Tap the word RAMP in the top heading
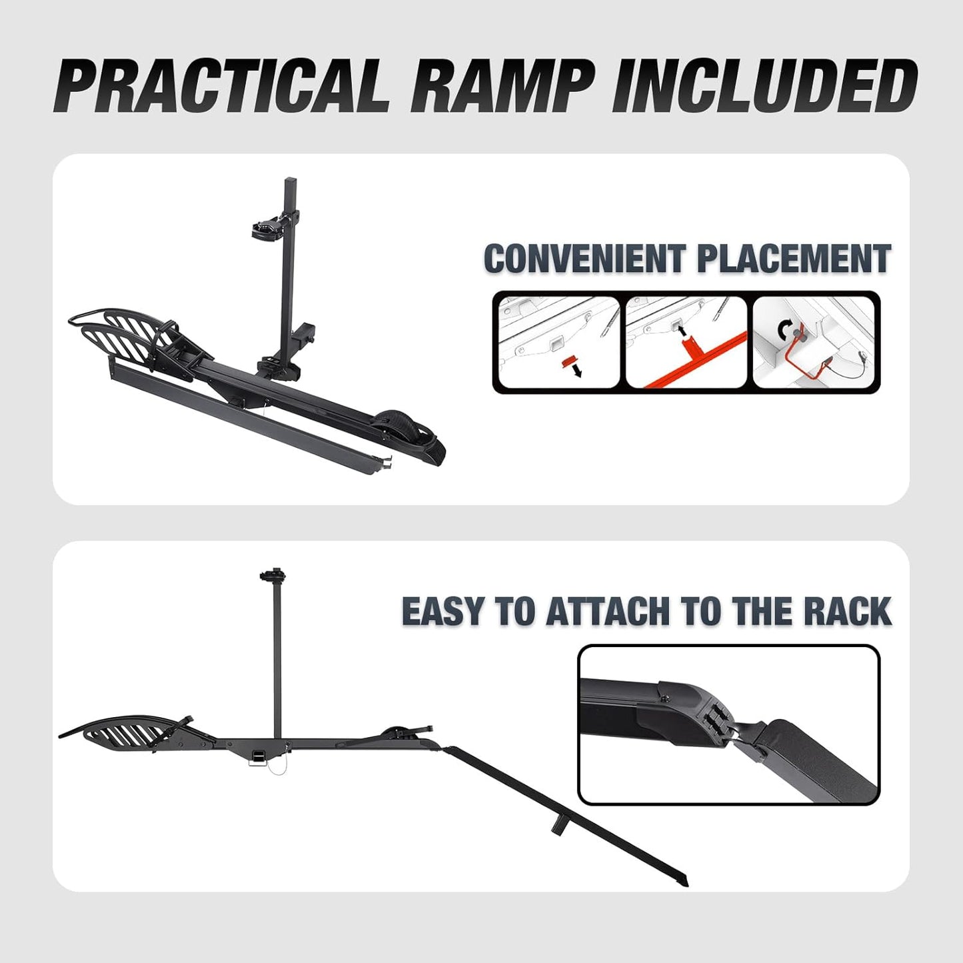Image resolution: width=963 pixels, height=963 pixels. coord(500,86)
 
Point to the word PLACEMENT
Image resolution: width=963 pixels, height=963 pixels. coord(793,259)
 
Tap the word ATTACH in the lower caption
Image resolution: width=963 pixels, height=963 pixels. coord(607,611)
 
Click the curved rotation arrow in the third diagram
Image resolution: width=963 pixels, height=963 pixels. coord(787,330)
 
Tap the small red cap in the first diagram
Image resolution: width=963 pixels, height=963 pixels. coord(567,361)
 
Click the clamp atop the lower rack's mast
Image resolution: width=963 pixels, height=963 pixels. coord(274,574)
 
